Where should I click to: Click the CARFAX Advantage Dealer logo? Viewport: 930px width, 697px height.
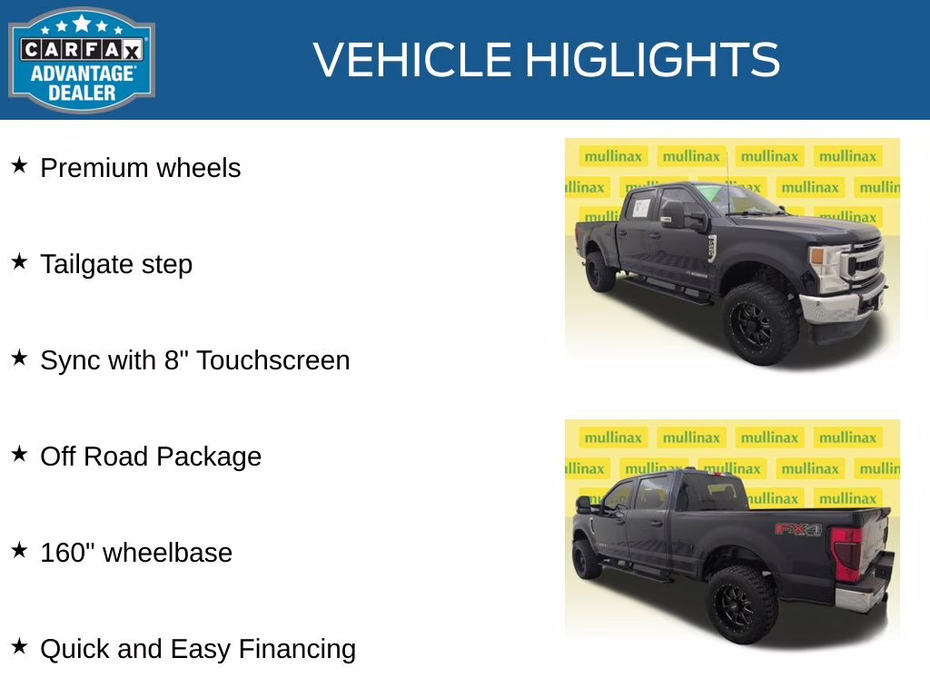click(82, 60)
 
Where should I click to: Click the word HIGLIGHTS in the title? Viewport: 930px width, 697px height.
click(652, 60)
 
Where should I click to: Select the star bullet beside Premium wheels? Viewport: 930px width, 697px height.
click(19, 166)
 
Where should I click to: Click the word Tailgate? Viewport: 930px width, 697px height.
click(74, 265)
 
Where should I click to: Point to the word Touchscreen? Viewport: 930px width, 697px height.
click(272, 360)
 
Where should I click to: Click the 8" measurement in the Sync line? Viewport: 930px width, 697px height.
click(175, 360)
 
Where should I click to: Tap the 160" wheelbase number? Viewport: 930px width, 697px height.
click(67, 553)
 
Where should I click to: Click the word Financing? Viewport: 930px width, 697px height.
click(297, 649)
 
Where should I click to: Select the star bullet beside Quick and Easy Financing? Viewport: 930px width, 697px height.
click(19, 647)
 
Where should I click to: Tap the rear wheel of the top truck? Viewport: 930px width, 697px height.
click(599, 270)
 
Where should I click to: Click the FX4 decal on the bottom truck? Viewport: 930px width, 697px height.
click(797, 529)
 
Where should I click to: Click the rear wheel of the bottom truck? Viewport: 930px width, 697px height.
click(742, 603)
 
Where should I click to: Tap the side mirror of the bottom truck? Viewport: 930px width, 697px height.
click(584, 505)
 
